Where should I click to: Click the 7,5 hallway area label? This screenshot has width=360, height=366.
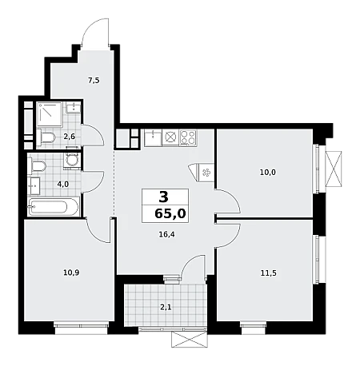point(94,80)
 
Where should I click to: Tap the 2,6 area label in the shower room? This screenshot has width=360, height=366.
point(70,137)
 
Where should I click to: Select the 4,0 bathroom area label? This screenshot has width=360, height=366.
point(63,184)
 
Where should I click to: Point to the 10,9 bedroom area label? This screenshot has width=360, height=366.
point(72,273)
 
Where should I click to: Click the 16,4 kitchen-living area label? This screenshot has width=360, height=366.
point(166,234)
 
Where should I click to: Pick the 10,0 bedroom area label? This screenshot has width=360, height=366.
point(268,173)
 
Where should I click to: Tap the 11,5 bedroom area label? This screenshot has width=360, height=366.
point(268,273)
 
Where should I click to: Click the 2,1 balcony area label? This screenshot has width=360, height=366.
point(166,308)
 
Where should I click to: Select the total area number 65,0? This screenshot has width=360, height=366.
point(170,213)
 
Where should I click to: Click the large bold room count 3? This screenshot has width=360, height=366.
point(164,197)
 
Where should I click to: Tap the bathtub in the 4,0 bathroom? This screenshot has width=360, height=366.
point(54,207)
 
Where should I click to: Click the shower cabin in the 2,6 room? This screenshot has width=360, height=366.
point(50,114)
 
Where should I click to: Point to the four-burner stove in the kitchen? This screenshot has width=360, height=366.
point(188,137)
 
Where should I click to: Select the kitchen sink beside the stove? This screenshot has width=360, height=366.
point(153,137)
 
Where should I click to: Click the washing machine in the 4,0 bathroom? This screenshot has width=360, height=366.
point(71,160)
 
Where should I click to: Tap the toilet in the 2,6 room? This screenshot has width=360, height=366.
point(46,137)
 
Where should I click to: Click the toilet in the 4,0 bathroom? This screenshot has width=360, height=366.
point(37,166)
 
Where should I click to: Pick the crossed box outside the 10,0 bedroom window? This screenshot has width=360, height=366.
point(334,169)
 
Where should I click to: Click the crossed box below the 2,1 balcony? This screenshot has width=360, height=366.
point(189,340)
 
